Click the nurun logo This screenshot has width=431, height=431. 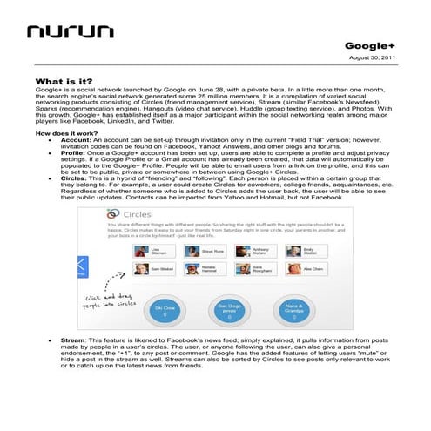[69, 32]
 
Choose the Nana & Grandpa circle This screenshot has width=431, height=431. [294, 311]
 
